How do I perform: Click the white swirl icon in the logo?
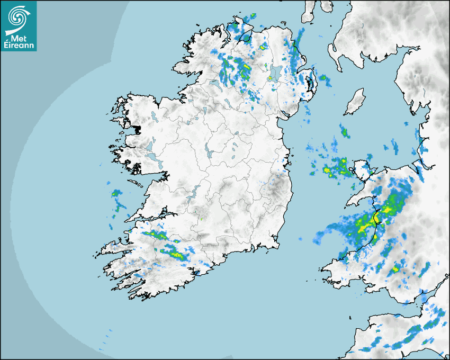18,17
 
